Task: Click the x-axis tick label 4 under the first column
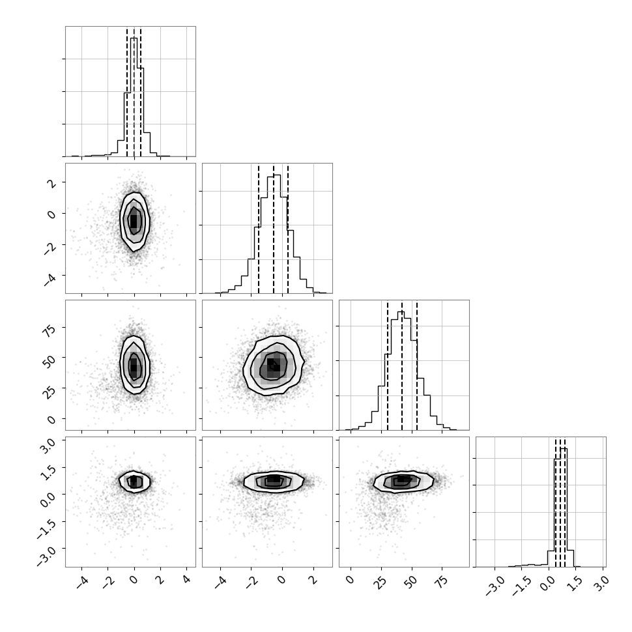pos(186,580)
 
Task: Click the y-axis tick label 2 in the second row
pos(51,184)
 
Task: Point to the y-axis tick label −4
pos(49,278)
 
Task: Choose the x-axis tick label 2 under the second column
pos(313,580)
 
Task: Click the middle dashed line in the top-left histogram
pos(134,92)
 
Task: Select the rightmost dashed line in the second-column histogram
pos(288,229)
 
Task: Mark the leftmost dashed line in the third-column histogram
pos(387,365)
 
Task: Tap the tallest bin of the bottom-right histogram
pos(564,508)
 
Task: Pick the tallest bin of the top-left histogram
pos(134,96)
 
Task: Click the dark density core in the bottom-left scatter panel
pos(134,481)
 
